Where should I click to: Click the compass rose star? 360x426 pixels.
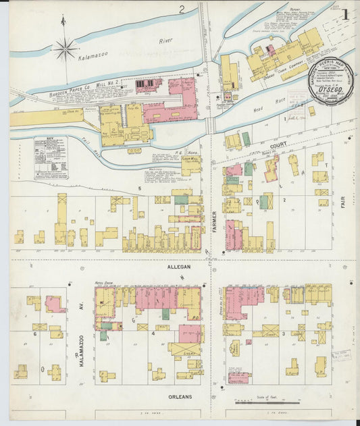pos(65,48)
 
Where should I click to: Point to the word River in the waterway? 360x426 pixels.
pos(165,41)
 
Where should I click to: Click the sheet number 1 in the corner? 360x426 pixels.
pos(345,14)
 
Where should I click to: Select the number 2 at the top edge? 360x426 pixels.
pos(182,9)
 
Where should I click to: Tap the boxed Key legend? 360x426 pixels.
pos(51,157)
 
